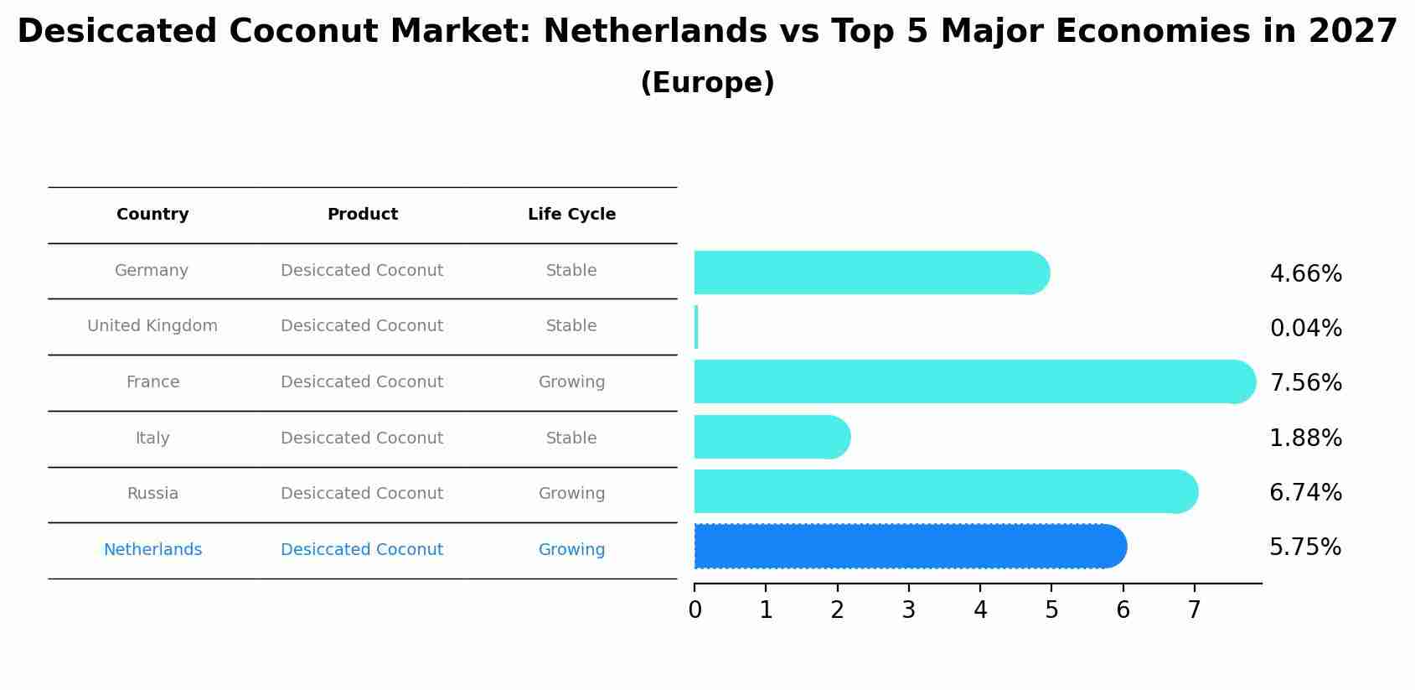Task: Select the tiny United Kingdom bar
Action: pos(696,327)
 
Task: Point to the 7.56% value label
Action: pos(1305,383)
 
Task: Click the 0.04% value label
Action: pos(1305,329)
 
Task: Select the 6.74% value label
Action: pos(1305,493)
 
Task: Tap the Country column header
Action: pos(152,215)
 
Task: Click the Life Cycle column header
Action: pos(571,215)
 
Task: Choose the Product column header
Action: pos(362,215)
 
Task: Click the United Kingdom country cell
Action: pos(152,326)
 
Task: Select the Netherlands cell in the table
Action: pos(152,550)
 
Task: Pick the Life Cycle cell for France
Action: pos(571,382)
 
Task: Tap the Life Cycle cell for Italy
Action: pos(571,438)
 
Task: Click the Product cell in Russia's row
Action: pos(362,494)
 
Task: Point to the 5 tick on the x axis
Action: pos(1051,610)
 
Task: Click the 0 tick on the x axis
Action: pos(695,610)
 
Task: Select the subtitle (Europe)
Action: pos(707,83)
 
